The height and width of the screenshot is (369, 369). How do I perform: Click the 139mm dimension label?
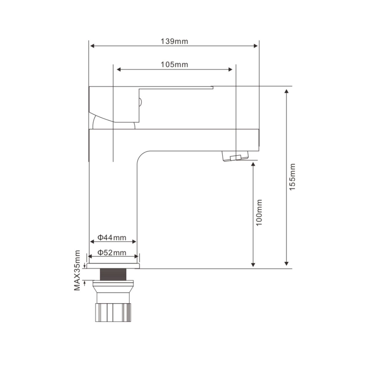(174, 42)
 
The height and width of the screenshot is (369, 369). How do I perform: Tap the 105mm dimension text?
(174, 65)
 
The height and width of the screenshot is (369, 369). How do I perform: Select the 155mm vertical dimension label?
(292, 177)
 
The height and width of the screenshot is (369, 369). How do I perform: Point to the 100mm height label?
(259, 212)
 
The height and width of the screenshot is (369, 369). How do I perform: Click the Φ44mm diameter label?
(112, 238)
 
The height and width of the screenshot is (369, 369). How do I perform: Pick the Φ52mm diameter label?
(112, 253)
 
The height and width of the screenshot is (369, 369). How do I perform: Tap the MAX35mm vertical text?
(77, 270)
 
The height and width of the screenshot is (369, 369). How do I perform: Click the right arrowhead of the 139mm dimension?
(256, 46)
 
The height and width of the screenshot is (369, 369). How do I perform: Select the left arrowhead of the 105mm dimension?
(119, 69)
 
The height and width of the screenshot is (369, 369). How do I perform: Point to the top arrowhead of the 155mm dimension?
(286, 91)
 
